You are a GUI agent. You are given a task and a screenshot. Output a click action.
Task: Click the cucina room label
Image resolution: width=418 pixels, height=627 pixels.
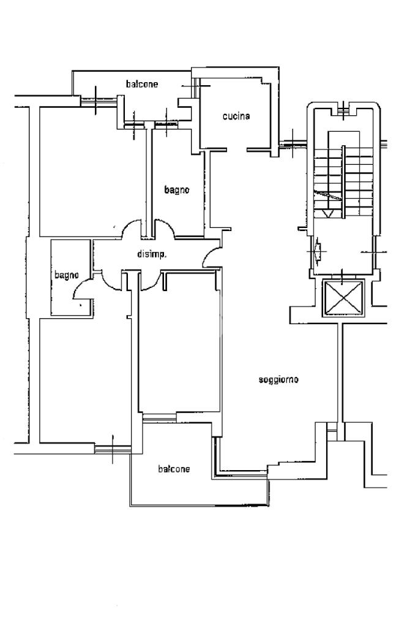236,116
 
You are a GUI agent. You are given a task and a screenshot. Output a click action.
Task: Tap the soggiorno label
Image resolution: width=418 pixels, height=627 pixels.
278,380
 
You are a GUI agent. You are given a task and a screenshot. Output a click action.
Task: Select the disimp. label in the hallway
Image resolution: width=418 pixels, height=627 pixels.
152,254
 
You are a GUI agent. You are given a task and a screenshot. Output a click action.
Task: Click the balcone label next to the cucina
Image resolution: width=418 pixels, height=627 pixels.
141,84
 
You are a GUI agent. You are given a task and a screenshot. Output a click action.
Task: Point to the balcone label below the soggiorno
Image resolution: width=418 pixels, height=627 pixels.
174,469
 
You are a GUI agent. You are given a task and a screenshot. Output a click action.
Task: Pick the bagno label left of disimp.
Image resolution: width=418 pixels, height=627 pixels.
66,275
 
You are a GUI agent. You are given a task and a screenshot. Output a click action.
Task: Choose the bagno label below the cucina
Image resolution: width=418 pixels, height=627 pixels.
177,190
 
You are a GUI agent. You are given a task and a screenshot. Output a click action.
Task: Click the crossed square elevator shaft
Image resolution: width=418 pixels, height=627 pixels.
342,298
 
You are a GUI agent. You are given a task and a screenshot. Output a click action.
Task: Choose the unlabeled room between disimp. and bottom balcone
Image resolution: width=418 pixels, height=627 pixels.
179,343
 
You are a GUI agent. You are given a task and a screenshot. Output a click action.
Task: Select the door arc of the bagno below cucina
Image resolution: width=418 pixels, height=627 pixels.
164,229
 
